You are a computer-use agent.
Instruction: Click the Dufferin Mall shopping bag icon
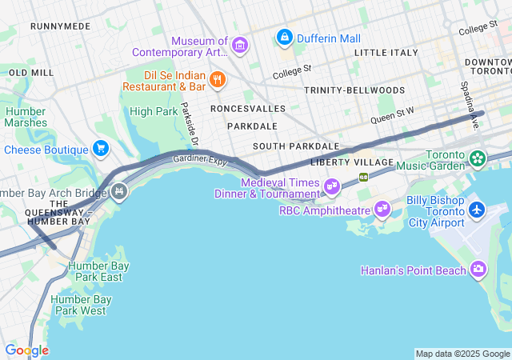tap(283, 37)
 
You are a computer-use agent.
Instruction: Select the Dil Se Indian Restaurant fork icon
tap(217, 79)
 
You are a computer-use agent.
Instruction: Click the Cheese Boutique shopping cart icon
tap(100, 149)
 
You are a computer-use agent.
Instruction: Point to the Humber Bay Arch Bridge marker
tap(119, 191)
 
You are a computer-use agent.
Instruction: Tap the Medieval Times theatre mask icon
tap(332, 187)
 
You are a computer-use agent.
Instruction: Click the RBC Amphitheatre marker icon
tap(383, 210)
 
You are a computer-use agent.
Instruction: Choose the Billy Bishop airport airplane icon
tap(477, 210)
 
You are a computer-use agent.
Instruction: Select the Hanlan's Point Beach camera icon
tap(478, 269)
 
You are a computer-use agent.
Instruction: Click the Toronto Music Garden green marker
tap(477, 158)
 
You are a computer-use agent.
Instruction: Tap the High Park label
tap(154, 111)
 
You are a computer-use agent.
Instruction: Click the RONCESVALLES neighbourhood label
tap(247, 107)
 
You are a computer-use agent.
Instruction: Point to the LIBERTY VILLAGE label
tap(352, 162)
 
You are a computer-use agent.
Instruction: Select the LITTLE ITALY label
tap(386, 53)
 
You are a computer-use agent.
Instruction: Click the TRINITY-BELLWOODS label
tap(354, 90)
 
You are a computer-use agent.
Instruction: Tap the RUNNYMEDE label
tap(60, 26)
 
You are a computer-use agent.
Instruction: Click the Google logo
tap(26, 350)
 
